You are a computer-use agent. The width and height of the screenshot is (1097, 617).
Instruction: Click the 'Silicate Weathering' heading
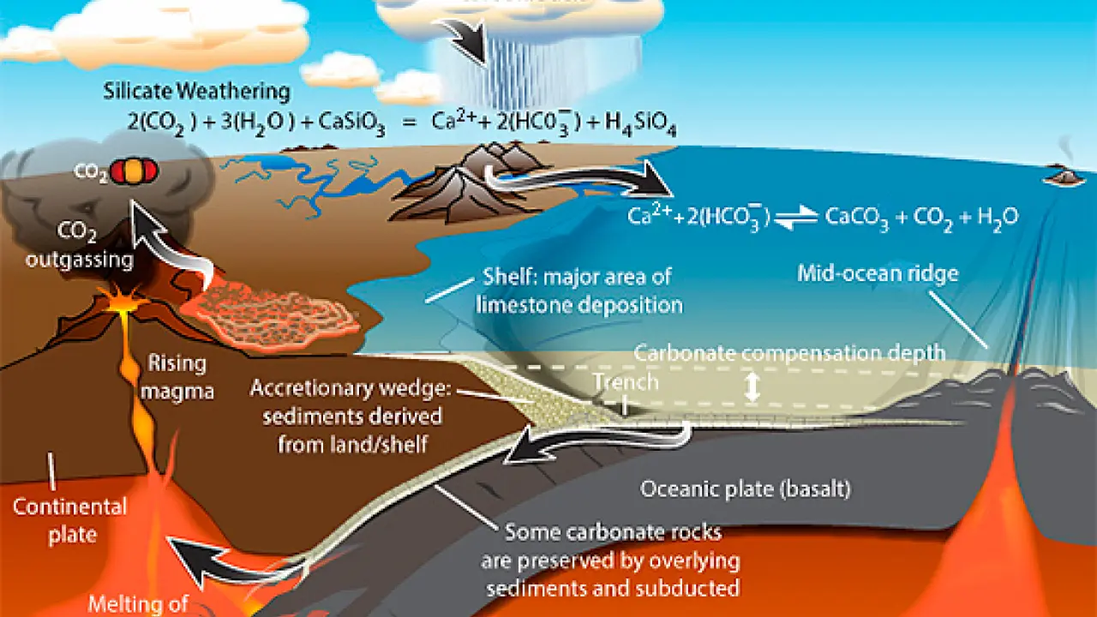click(x=196, y=90)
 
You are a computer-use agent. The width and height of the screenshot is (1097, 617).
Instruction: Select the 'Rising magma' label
click(x=177, y=376)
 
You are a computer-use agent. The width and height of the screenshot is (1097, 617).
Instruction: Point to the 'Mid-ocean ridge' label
click(x=878, y=274)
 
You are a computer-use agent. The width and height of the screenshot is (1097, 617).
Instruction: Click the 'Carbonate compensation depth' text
click(x=789, y=352)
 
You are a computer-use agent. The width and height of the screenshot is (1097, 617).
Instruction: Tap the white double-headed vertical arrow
click(x=752, y=387)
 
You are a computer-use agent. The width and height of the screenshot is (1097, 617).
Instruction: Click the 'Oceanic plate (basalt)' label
click(x=745, y=489)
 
